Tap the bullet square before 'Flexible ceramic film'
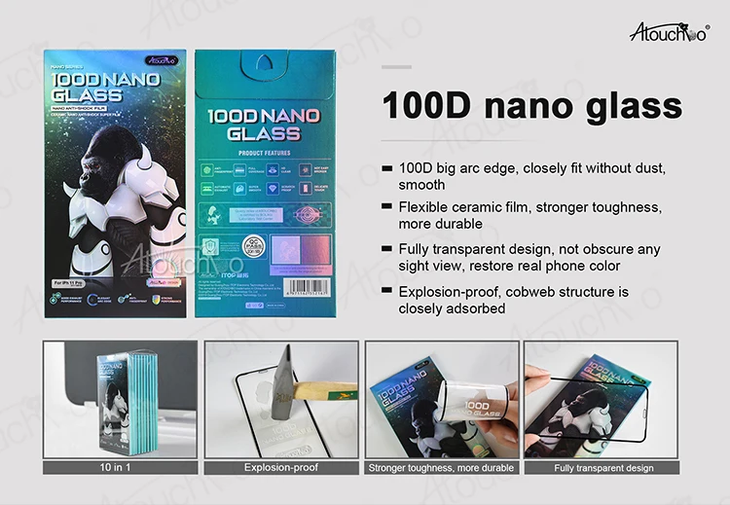pyautogui.click(x=388, y=207)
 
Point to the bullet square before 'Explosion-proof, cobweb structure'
pyautogui.click(x=388, y=291)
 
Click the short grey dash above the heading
pyautogui.click(x=397, y=66)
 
